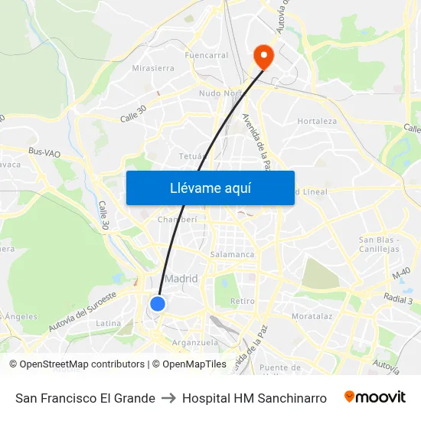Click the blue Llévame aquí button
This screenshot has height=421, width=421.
pos(210,188)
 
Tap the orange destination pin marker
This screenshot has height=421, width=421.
pos(263,55)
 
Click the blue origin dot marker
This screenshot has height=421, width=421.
pos(158,304)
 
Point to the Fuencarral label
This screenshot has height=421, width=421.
pos(207,56)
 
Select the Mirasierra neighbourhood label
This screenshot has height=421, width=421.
pos(153,68)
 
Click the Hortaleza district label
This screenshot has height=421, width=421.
pos(317,121)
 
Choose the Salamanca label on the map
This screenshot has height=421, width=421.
pos(232,254)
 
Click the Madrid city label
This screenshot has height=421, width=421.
pos(181,279)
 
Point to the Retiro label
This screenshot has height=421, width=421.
pos(242,301)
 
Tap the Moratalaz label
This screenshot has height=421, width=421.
pos(311,315)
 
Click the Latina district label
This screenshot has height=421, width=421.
pos(108,323)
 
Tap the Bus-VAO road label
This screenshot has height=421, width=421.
pos(44,153)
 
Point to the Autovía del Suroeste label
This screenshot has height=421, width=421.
pos(82,311)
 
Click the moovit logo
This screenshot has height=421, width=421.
pos(375,397)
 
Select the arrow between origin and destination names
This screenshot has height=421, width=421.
pos(168,398)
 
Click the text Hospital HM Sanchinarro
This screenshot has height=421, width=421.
pos(254,398)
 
